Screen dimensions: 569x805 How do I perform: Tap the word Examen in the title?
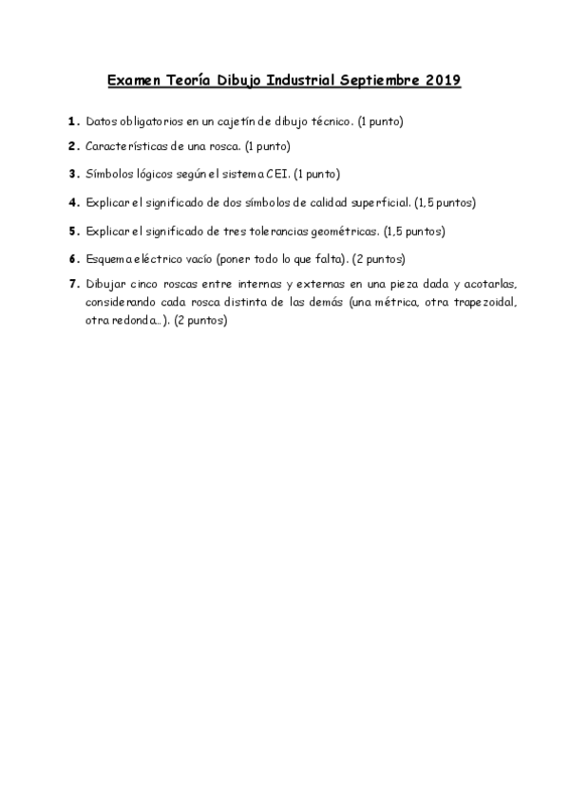click(x=133, y=82)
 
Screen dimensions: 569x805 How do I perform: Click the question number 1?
click(x=73, y=122)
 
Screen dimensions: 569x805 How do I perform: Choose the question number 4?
click(x=73, y=202)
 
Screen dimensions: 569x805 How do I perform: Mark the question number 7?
click(x=73, y=284)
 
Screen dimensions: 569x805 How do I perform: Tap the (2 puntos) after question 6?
click(x=379, y=258)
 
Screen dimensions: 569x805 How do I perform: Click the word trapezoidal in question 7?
click(x=486, y=302)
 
